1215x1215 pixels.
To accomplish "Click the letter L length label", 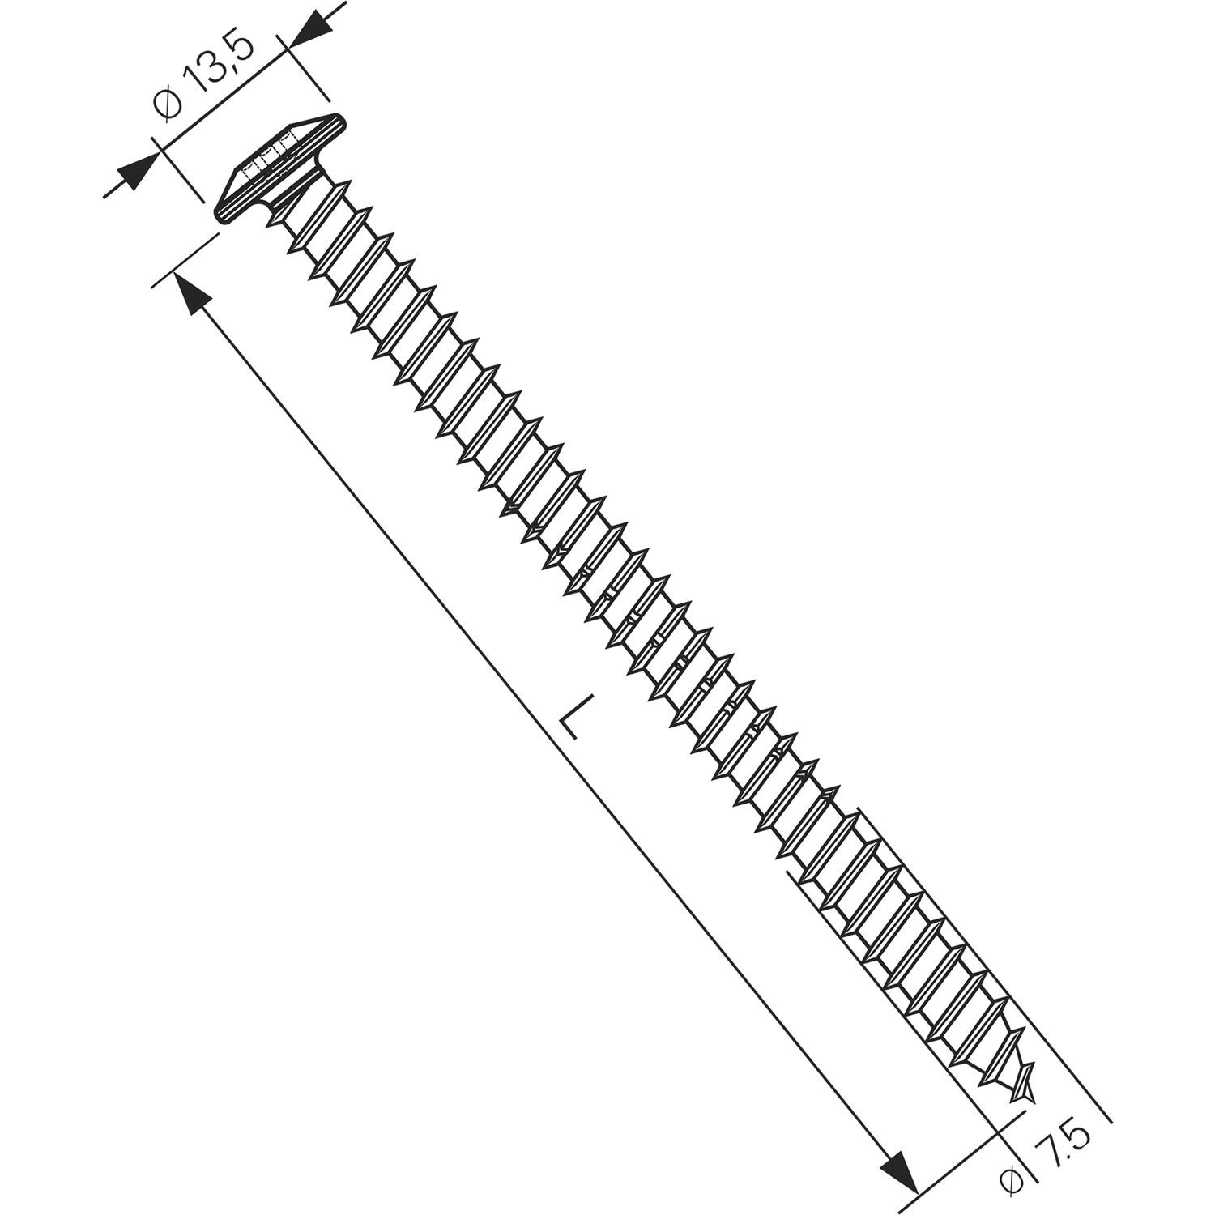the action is click(571, 715).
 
